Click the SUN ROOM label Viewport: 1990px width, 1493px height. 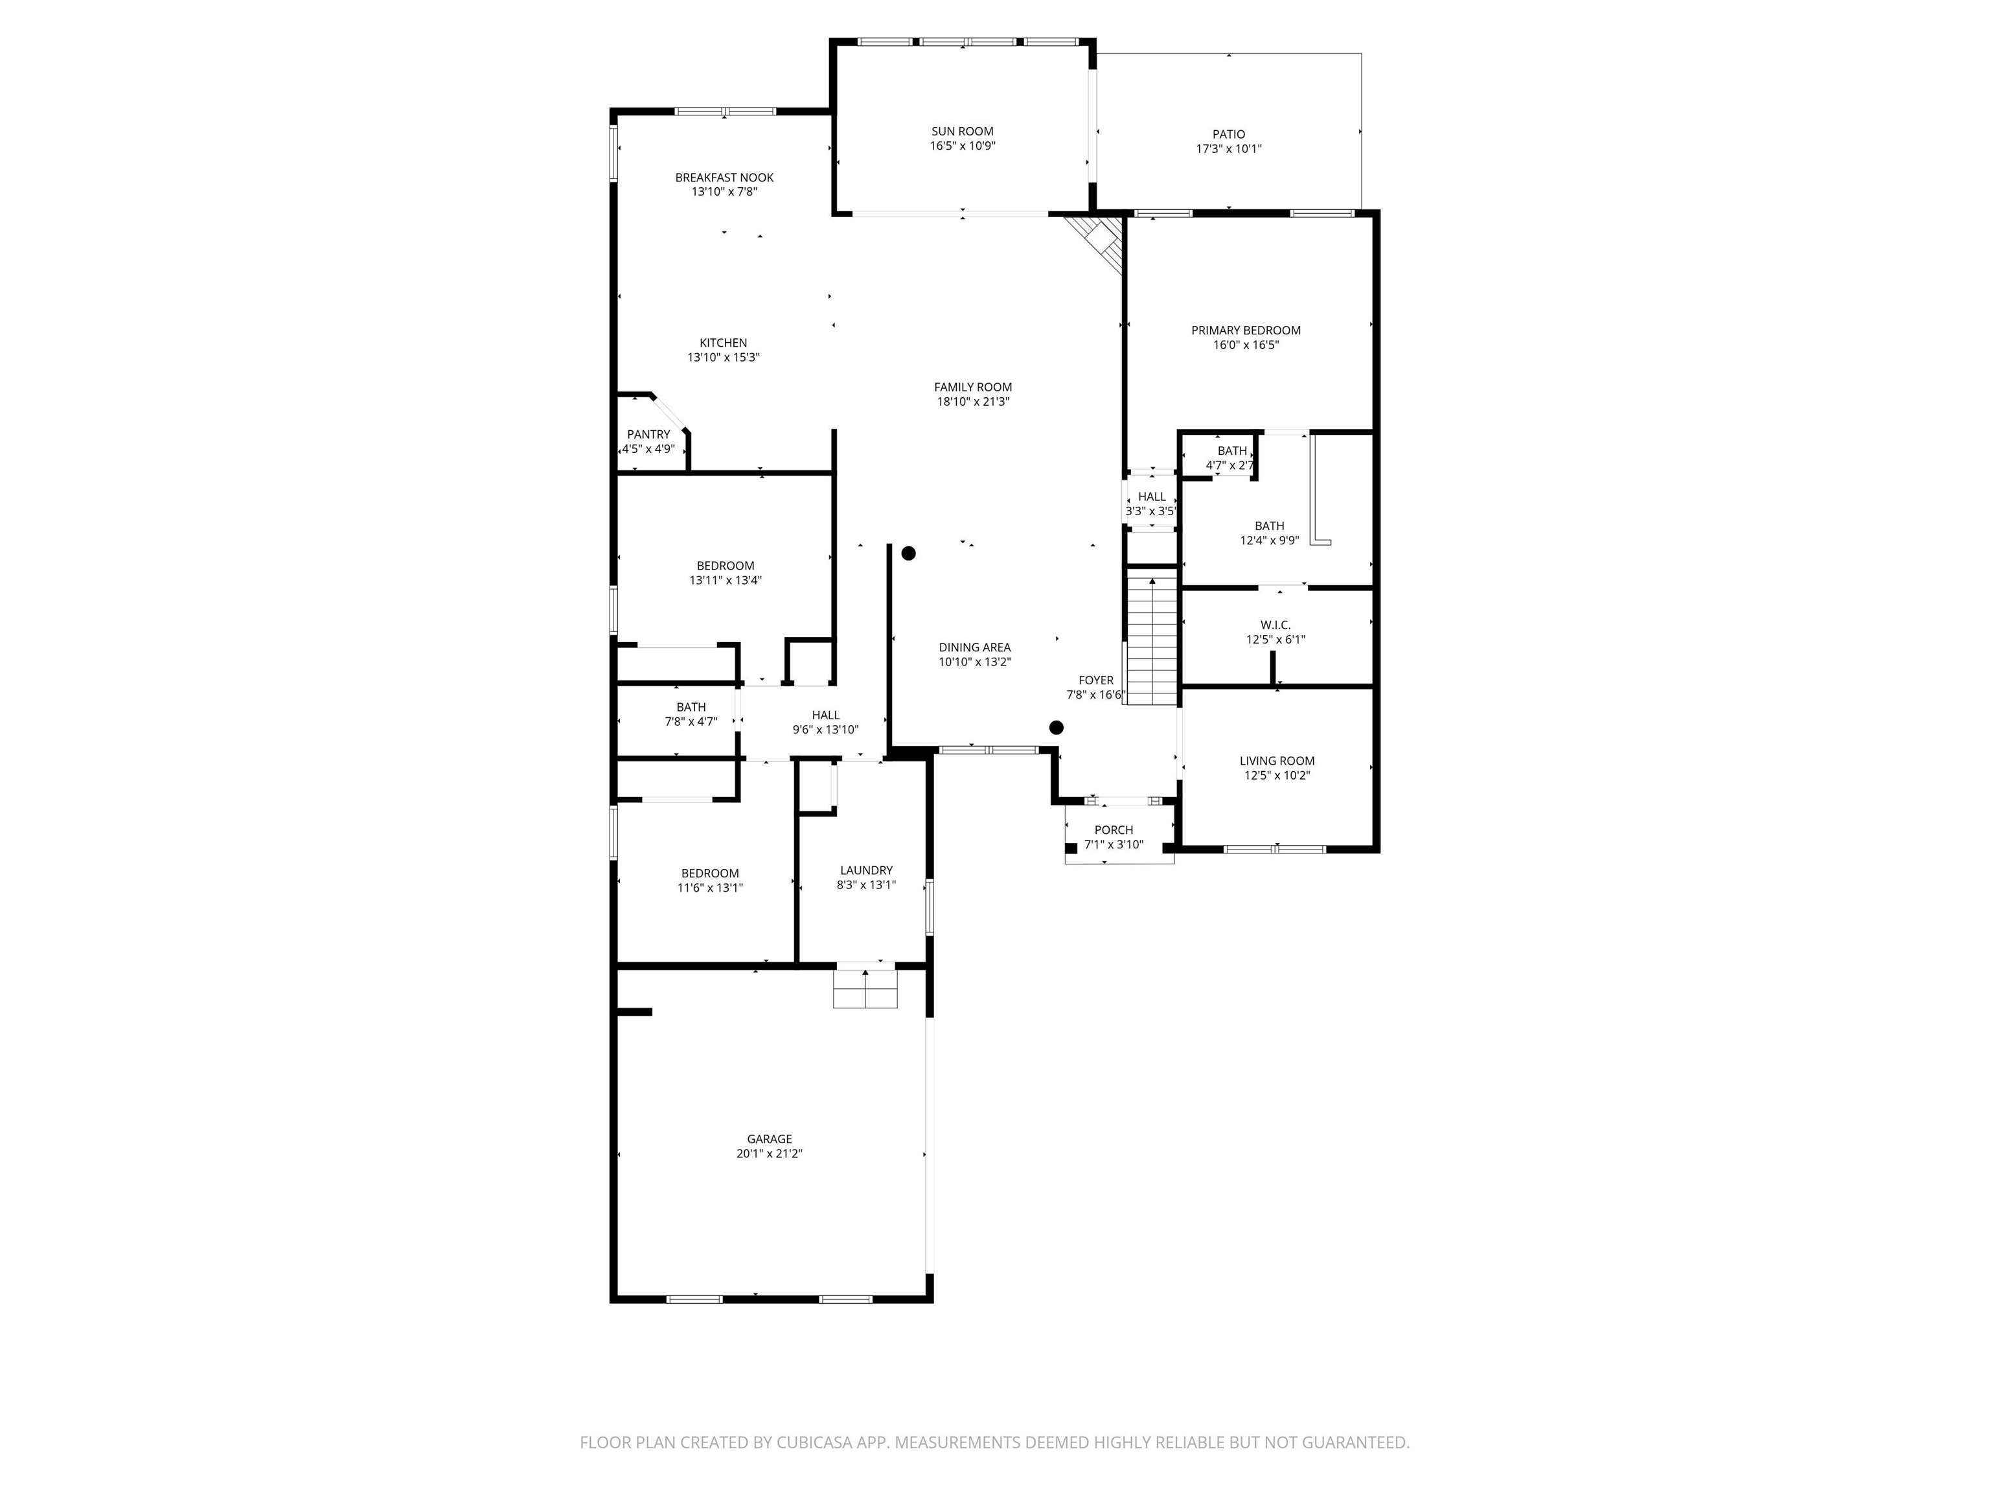point(963,132)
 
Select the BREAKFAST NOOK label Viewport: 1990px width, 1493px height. point(724,178)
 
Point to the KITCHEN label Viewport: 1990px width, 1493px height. point(724,343)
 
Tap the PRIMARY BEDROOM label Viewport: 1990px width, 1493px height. point(1246,330)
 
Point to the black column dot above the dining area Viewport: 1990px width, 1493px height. point(909,553)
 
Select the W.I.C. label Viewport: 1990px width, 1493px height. point(1275,625)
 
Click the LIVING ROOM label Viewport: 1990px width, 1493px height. point(1277,761)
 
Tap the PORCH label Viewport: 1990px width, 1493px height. point(1114,829)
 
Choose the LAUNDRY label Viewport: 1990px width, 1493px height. point(866,870)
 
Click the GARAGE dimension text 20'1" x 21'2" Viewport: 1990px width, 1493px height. point(769,1153)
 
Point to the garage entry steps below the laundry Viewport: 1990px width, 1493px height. point(865,988)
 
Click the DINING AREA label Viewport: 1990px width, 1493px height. point(974,647)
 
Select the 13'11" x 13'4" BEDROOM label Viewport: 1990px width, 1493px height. point(725,566)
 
